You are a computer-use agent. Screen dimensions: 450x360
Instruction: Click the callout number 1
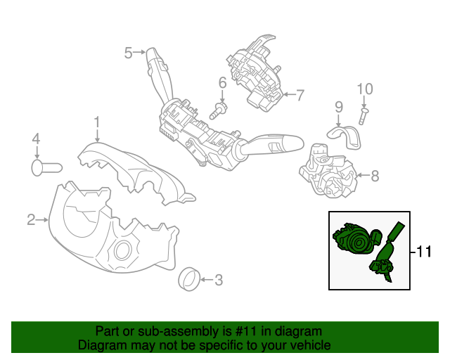pos(97,122)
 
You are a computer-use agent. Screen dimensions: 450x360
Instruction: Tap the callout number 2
pos(31,219)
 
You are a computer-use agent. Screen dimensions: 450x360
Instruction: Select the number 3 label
pos(219,280)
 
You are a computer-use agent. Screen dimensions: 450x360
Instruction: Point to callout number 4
pos(36,139)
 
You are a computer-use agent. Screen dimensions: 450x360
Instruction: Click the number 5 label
pos(128,53)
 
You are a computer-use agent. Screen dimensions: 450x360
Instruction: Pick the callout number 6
pos(222,83)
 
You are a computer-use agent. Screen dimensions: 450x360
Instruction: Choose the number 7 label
pos(300,95)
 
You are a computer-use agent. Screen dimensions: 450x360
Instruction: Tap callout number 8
pos(375,176)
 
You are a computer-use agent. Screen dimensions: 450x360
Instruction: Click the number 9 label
pos(339,107)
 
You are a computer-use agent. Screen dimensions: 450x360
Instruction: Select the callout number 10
pos(365,89)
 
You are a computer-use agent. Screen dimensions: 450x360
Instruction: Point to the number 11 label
pos(424,252)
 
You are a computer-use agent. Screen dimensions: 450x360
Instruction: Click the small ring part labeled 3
pos(189,279)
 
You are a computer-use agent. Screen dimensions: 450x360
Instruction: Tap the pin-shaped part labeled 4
pos(46,167)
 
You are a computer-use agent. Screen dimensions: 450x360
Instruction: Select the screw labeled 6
pos(219,110)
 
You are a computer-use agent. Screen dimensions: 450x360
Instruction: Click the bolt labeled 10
pos(364,117)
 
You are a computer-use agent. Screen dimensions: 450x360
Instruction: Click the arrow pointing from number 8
pos(363,175)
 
